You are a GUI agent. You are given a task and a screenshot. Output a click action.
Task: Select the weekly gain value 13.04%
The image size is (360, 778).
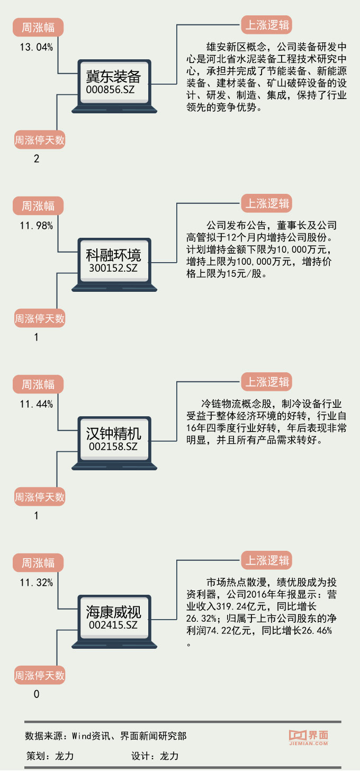pyautogui.click(x=36, y=47)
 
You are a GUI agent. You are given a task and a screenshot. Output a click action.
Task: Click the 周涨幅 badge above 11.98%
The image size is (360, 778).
pyautogui.click(x=38, y=205)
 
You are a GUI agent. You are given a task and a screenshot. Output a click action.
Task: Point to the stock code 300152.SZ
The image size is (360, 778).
pyautogui.click(x=114, y=268)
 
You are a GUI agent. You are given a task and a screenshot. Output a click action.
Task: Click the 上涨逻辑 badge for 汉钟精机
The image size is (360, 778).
pyautogui.click(x=267, y=382)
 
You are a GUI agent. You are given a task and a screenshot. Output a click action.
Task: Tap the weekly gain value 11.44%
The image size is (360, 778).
pyautogui.click(x=36, y=404)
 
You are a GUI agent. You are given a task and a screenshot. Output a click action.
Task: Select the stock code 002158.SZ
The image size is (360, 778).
pyautogui.click(x=114, y=446)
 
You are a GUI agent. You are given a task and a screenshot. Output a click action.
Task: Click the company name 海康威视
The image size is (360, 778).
pyautogui.click(x=114, y=613)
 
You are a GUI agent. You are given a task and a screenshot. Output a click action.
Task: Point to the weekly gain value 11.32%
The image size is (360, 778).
pyautogui.click(x=36, y=583)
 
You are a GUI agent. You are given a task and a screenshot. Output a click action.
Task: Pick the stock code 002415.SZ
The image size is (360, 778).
pyautogui.click(x=114, y=625)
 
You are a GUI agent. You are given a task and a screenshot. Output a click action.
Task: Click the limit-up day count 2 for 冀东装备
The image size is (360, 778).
pyautogui.click(x=37, y=158)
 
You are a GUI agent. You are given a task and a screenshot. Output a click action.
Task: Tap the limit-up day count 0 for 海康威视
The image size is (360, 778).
pyautogui.click(x=37, y=694)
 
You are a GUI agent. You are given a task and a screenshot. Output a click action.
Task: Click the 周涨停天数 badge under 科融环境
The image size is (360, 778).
pyautogui.click(x=39, y=319)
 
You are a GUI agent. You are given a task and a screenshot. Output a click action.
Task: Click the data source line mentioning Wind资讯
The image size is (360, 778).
pyautogui.click(x=105, y=736)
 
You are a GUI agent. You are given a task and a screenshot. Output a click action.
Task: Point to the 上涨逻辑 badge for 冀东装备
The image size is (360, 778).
pyautogui.click(x=266, y=25)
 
